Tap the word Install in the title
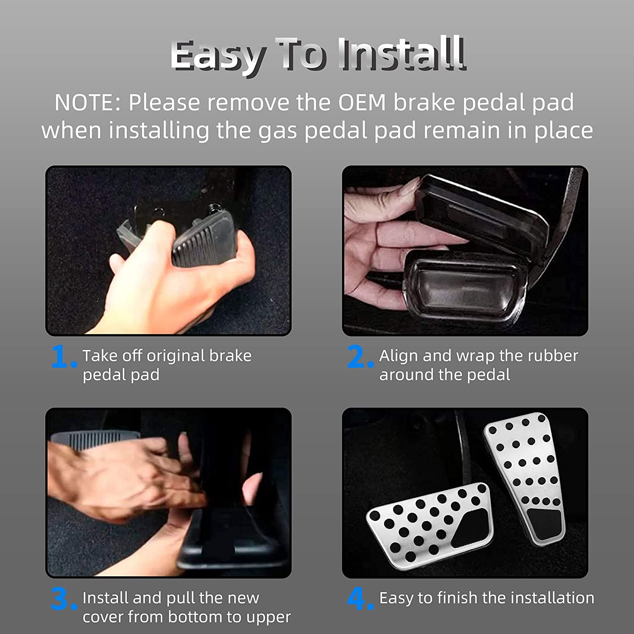[x=403, y=53]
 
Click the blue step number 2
[x=360, y=357]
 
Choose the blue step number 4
[x=360, y=599]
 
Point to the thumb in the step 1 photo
[x=139, y=245]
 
